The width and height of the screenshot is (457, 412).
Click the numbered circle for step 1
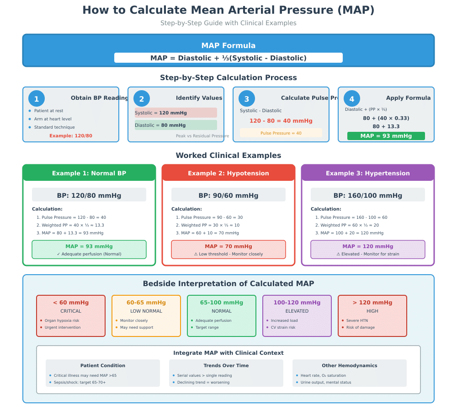(37, 99)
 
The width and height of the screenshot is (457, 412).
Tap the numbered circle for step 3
(247, 99)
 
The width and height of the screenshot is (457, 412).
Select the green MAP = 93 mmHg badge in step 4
(386, 136)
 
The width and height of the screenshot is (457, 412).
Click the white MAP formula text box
(228, 58)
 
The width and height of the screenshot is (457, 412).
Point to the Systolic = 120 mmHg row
(176, 113)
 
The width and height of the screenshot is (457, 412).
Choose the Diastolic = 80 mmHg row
(176, 125)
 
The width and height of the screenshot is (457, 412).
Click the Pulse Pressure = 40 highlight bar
(281, 133)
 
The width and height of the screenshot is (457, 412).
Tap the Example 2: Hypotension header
(228, 173)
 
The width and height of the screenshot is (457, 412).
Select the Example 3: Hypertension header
(368, 173)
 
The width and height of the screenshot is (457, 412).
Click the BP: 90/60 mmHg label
(228, 195)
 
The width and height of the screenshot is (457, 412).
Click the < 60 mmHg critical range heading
(71, 303)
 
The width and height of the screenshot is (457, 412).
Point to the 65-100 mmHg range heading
(222, 303)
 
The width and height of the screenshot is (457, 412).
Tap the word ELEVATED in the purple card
(297, 311)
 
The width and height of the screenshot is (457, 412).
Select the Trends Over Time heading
(226, 366)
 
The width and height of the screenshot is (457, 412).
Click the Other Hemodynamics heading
(350, 366)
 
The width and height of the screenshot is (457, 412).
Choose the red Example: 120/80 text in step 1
(71, 136)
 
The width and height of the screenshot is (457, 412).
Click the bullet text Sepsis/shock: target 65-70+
(80, 382)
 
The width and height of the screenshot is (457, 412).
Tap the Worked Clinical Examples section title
(228, 156)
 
